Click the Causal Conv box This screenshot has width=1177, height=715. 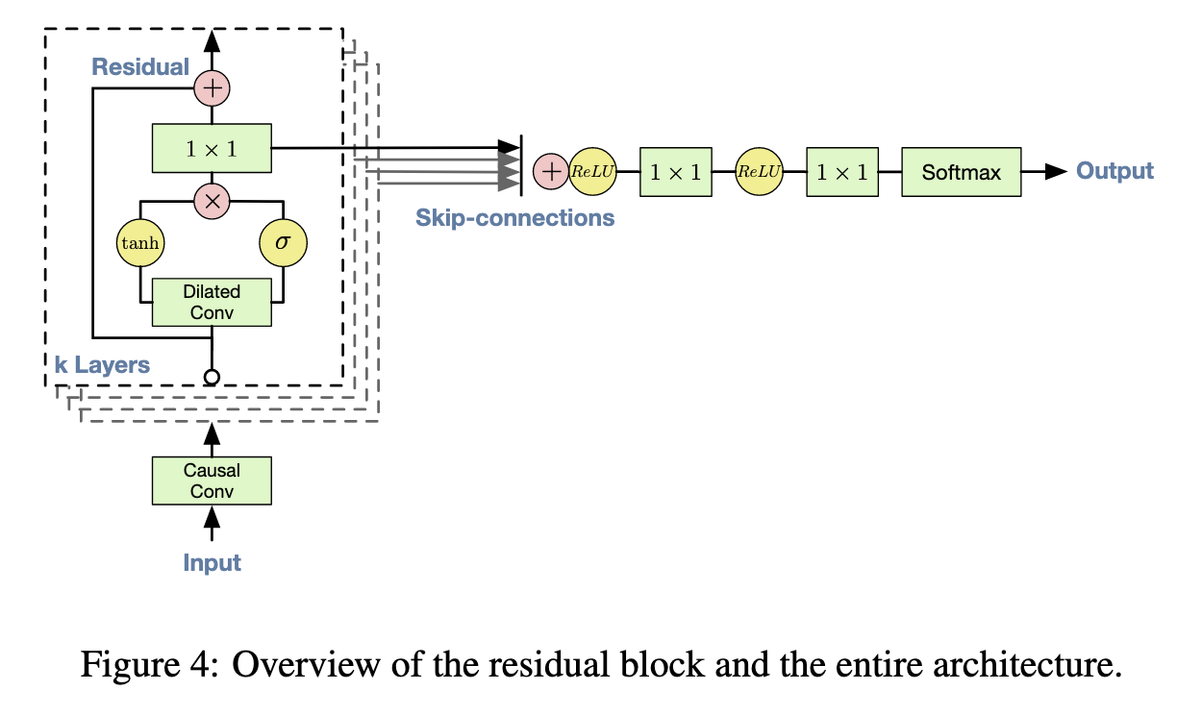pos(212,481)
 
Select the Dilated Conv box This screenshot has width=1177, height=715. pos(212,302)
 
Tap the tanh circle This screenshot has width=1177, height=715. pos(140,245)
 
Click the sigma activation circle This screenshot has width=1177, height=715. pos(283,245)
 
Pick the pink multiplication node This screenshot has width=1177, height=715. pos(212,201)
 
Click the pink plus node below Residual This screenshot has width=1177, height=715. pos(212,88)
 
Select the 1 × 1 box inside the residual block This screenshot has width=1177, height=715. pos(212,148)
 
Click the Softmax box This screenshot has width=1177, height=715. pos(961,172)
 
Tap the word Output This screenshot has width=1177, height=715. pos(1114,171)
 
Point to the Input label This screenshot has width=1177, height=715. pos(212,562)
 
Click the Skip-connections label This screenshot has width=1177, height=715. pos(514,217)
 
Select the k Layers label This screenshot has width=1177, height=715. pos(102,365)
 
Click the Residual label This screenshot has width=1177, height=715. pos(140,66)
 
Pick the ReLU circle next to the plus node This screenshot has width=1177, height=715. pos(592,172)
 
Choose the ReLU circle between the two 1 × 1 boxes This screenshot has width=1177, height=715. pos(759,172)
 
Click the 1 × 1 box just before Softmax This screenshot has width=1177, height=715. pos(841,172)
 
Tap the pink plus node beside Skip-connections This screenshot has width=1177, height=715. pos(551,172)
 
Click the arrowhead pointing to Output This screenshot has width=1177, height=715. pos(1055,172)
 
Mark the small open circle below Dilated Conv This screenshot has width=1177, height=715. pos(212,376)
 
